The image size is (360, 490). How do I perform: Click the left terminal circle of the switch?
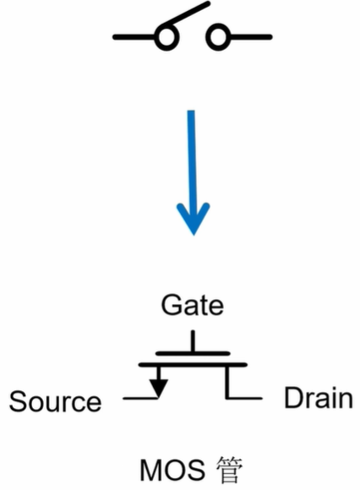166,37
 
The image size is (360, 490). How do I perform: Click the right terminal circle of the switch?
219,37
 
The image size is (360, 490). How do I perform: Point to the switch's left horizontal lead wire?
134,37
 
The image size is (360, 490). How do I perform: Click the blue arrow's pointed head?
194,221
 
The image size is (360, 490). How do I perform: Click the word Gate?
192,305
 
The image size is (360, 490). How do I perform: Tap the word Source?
55,401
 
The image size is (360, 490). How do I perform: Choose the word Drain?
318,398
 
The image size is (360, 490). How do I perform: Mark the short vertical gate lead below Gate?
193,340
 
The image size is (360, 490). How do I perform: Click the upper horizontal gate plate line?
193,351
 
